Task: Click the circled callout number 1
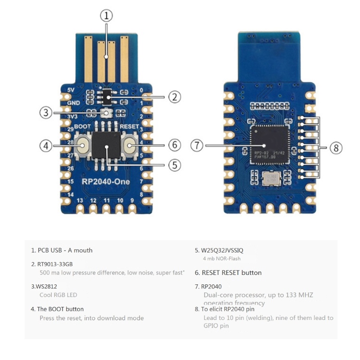(x=106, y=16)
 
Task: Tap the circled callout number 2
(x=175, y=96)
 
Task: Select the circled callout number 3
(x=45, y=112)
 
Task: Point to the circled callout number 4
(x=45, y=146)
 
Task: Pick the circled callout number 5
(x=175, y=165)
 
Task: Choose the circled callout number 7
(x=197, y=146)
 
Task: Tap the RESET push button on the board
(x=130, y=145)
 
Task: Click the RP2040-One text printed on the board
(x=107, y=181)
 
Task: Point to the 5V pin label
(x=71, y=90)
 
